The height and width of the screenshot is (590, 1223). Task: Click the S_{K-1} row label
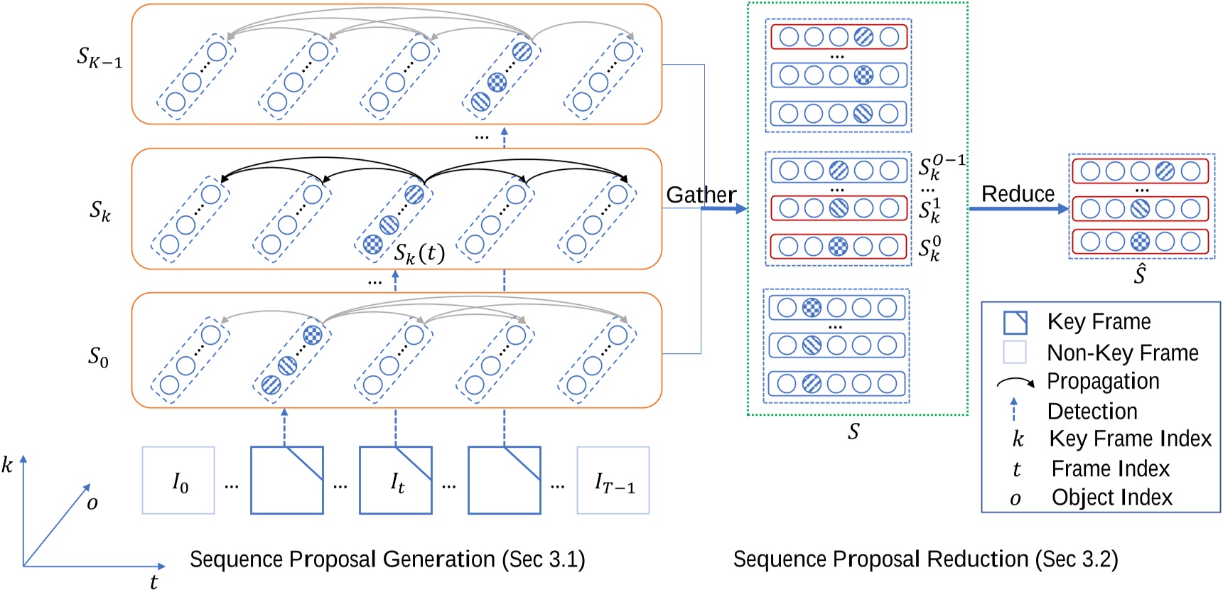pos(99,57)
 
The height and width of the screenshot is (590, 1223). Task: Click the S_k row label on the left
pos(99,210)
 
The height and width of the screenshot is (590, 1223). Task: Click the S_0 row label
pos(98,356)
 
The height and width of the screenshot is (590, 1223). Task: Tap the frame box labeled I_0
pos(178,481)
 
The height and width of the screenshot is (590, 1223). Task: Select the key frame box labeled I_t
pos(396,481)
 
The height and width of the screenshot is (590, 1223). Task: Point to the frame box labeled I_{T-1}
pos(613,481)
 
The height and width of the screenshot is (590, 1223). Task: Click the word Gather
pos(701,194)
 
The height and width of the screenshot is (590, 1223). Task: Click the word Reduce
pos(1018,193)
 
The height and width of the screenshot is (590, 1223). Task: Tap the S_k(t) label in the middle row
pos(419,253)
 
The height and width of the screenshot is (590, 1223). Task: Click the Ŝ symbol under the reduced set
pos(1139,274)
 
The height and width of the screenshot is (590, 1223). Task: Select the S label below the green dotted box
pos(853,431)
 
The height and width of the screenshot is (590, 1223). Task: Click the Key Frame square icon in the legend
pos(1015,322)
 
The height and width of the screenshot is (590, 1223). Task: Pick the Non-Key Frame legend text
pos(1122,353)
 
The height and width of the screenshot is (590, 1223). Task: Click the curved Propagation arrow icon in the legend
pos(1015,382)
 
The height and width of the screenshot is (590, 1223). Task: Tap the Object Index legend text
pos(1111,497)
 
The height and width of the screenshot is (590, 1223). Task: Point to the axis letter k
pos(7,466)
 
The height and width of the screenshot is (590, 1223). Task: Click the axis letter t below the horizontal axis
pos(153,581)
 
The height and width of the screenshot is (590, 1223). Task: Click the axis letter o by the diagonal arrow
pos(92,503)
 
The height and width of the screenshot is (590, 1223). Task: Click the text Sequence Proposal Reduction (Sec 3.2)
pos(925,559)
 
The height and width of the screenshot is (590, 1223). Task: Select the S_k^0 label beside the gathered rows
pos(929,249)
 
